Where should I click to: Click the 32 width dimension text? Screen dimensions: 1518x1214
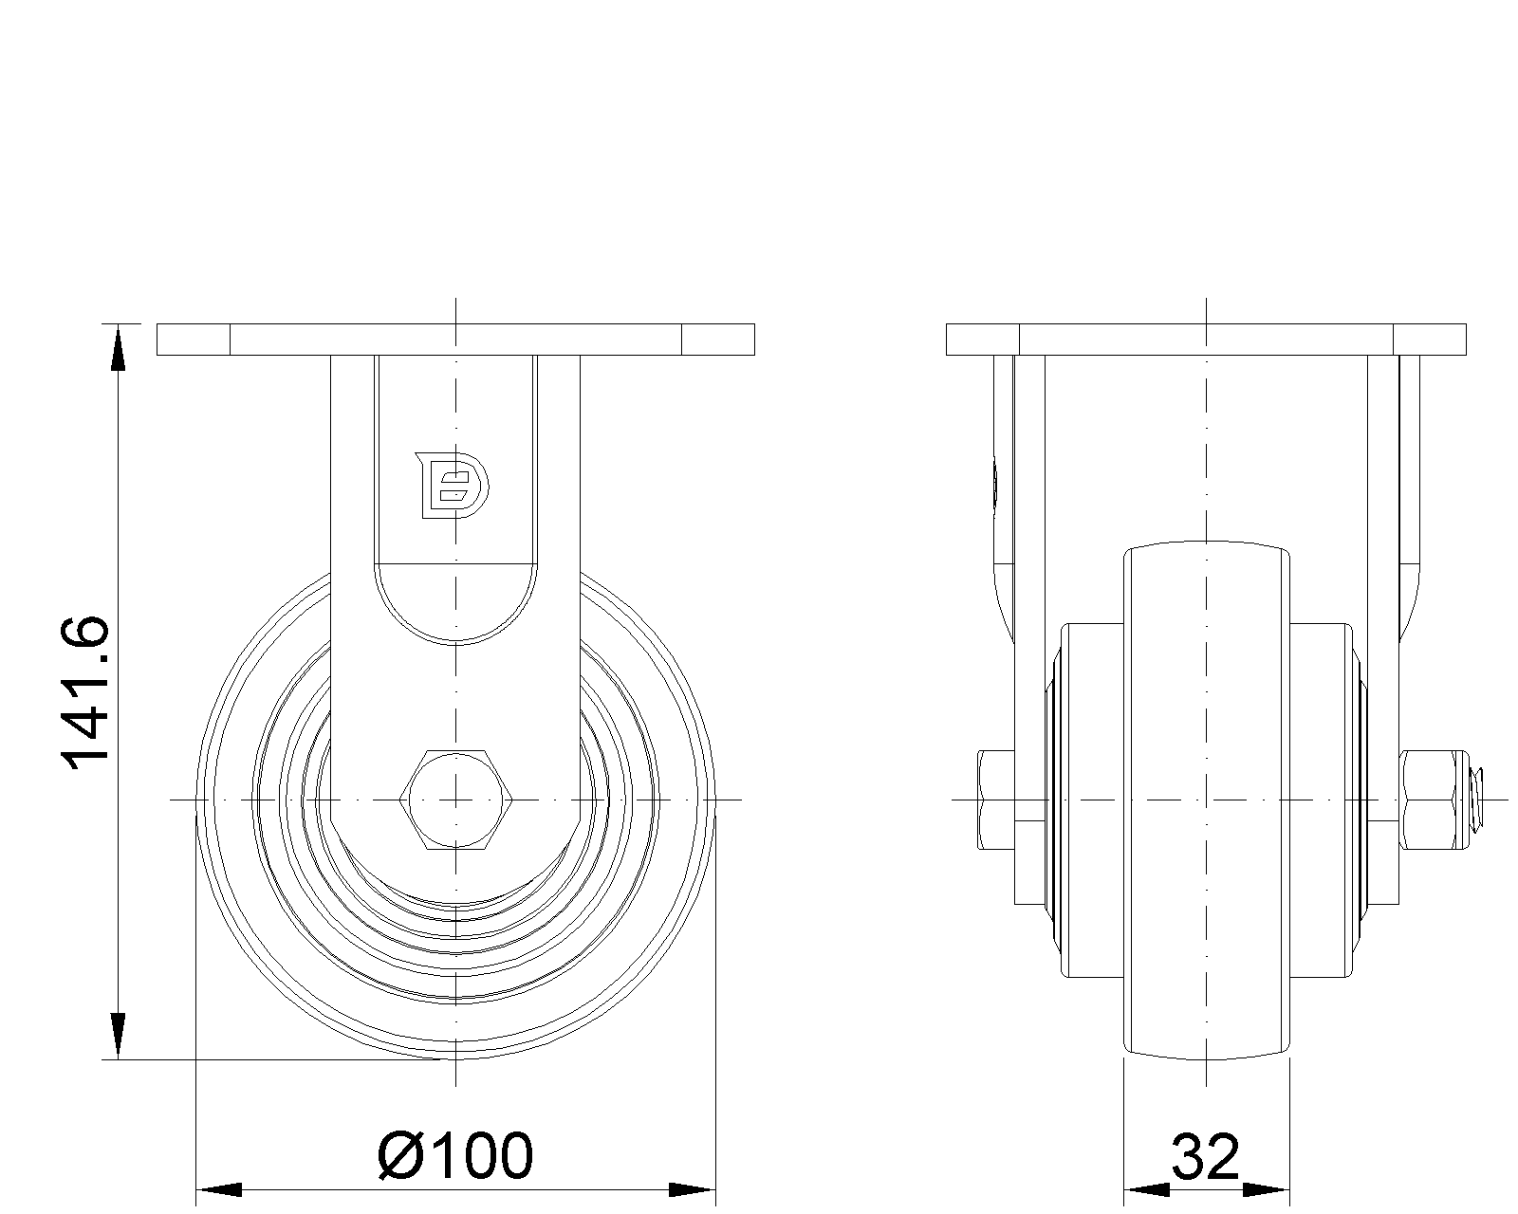pyautogui.click(x=1205, y=1157)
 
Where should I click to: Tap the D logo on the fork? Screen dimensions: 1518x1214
pyautogui.click(x=452, y=486)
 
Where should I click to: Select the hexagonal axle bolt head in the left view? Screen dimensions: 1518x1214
pyautogui.click(x=455, y=800)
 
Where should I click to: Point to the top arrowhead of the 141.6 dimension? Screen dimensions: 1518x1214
pyautogui.click(x=118, y=348)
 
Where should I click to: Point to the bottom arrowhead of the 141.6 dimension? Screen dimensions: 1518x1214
pyautogui.click(x=118, y=1036)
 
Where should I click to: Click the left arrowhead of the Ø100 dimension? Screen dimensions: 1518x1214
pyautogui.click(x=218, y=1189)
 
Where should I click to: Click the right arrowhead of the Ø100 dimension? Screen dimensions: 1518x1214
pyautogui.click(x=692, y=1189)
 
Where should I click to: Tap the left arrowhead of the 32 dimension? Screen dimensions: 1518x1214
pyautogui.click(x=1146, y=1189)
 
